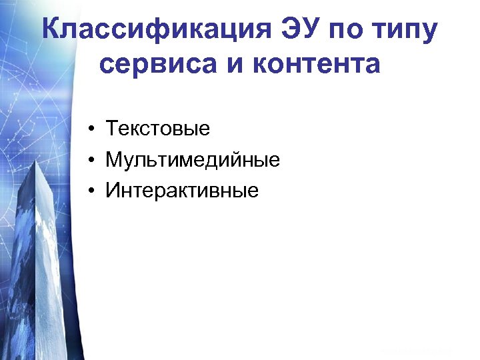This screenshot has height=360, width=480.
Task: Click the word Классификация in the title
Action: [153, 30]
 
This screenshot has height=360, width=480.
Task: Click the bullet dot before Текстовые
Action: [89, 129]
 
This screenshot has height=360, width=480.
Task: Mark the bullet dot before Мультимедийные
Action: [89, 161]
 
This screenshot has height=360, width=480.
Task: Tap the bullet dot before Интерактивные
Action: [89, 192]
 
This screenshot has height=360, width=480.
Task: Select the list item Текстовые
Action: [157, 129]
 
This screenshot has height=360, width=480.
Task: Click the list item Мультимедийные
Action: [193, 161]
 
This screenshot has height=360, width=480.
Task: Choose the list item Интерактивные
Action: [182, 192]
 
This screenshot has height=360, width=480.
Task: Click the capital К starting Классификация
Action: [50, 30]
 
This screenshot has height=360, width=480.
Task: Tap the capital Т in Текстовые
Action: [111, 129]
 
